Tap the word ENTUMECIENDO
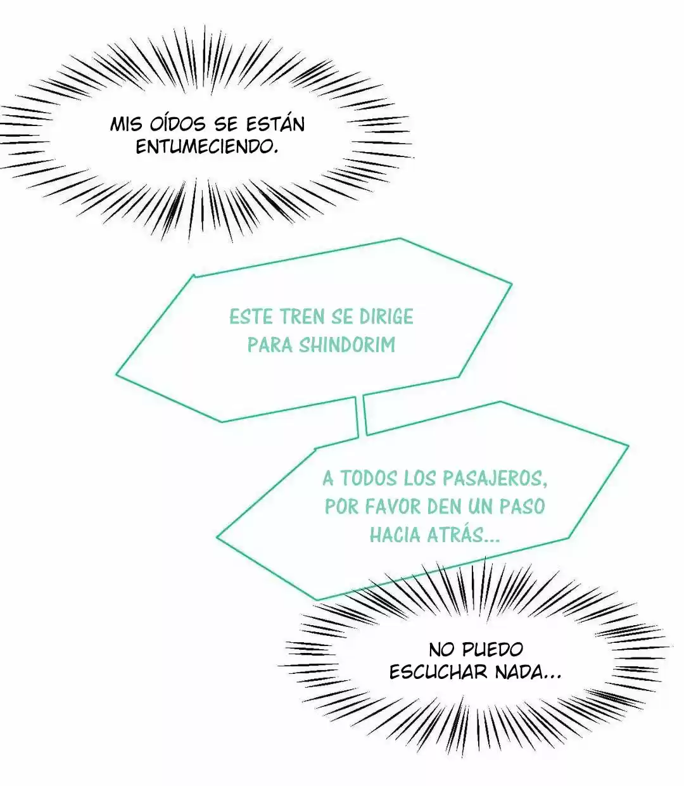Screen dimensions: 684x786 tap(207, 147)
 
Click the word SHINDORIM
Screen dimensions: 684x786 tap(347, 345)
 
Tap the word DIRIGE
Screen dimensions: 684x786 tap(386, 317)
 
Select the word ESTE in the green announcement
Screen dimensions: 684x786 tap(251, 317)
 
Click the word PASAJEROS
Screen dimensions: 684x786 tap(495, 479)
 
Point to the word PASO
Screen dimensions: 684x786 tap(522, 506)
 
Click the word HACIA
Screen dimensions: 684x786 tap(395, 535)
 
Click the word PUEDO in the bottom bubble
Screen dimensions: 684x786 tap(493, 649)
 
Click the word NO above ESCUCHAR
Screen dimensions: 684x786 tap(443, 649)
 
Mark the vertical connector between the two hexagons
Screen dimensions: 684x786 tap(360, 415)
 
